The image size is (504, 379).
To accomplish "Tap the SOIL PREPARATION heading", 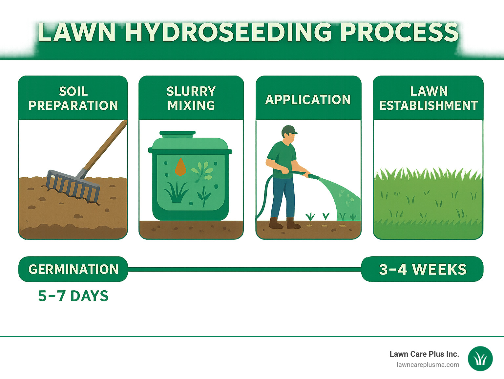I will pyautogui.click(x=73, y=98).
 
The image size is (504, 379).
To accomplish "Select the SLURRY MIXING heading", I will pyautogui.click(x=191, y=98).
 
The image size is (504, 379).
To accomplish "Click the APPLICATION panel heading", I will pyautogui.click(x=308, y=100).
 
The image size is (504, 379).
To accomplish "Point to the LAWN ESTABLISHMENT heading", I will pyautogui.click(x=428, y=98).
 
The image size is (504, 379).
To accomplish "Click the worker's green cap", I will pyautogui.click(x=289, y=129).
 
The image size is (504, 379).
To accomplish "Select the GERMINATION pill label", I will pyautogui.click(x=73, y=269).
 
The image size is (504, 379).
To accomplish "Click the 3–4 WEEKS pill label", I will pyautogui.click(x=422, y=269).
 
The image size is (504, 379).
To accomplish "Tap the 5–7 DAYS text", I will pyautogui.click(x=73, y=296).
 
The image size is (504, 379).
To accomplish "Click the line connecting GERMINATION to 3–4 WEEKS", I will pyautogui.click(x=244, y=269).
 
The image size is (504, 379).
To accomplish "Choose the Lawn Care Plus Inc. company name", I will pyautogui.click(x=424, y=354).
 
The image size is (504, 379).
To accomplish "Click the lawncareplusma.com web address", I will pyautogui.click(x=428, y=365).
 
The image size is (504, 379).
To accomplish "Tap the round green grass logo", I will pyautogui.click(x=480, y=359).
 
